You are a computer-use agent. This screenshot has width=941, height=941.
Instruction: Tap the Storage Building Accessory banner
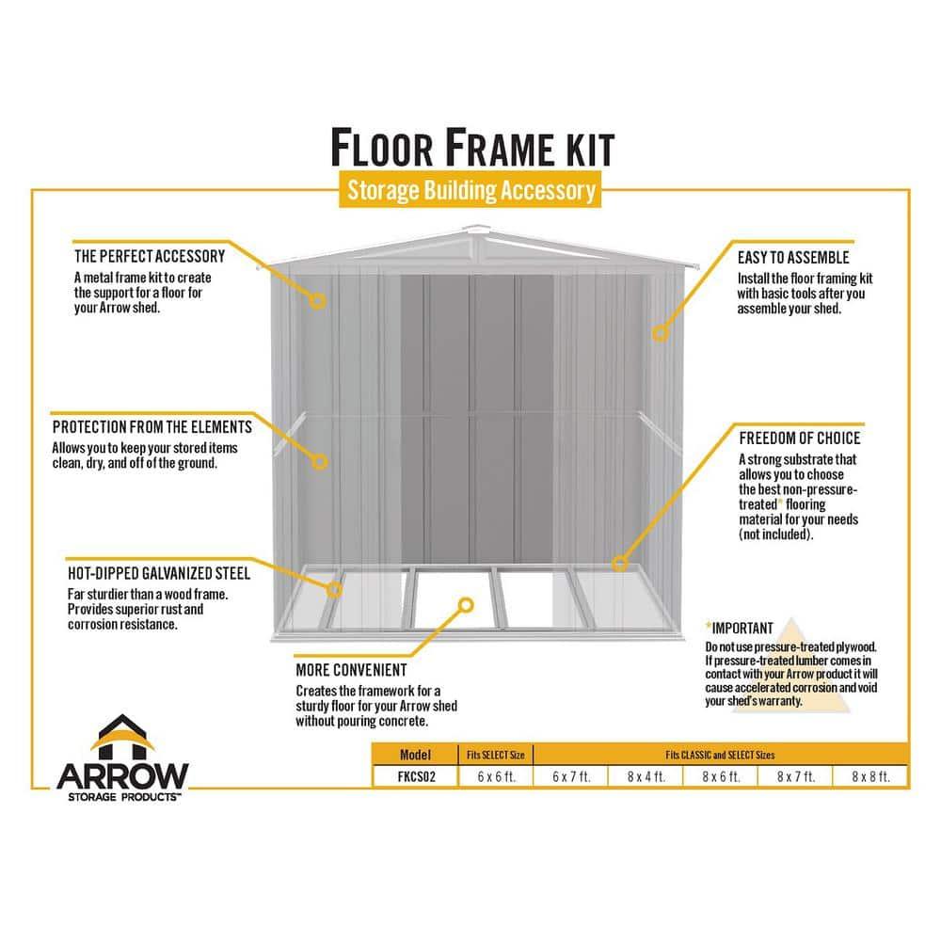click(x=470, y=191)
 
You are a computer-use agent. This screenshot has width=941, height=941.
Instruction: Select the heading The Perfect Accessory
click(x=150, y=256)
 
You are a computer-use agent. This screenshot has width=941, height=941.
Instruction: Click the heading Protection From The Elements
click(x=152, y=426)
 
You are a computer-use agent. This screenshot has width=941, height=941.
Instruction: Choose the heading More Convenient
click(x=351, y=670)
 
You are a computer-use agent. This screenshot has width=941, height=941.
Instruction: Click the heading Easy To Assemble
click(x=794, y=257)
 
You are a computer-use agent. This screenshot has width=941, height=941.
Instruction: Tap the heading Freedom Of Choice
click(x=799, y=439)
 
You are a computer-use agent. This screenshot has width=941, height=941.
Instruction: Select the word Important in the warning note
click(x=742, y=628)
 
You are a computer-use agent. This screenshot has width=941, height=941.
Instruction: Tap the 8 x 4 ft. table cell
click(x=646, y=777)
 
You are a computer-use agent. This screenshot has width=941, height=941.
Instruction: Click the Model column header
click(x=415, y=755)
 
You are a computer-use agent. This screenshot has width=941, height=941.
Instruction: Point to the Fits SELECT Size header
click(x=496, y=755)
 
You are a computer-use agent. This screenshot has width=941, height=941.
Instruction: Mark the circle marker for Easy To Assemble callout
click(x=660, y=332)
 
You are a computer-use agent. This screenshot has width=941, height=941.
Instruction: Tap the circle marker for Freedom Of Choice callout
click(x=619, y=564)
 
